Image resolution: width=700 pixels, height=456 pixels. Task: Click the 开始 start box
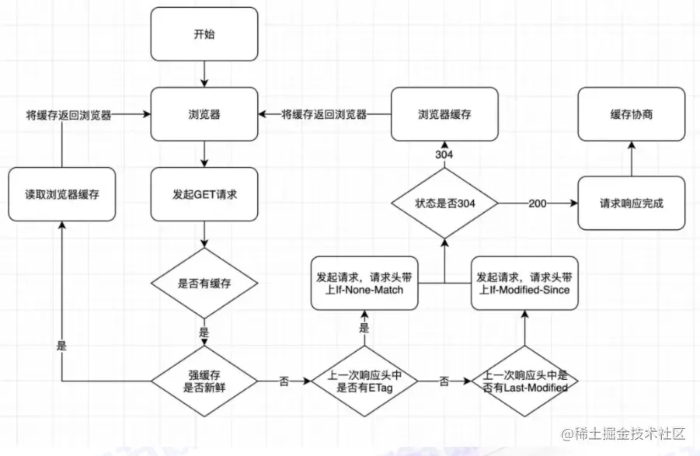pos(204,34)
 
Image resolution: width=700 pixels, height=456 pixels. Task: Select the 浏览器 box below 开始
pos(204,114)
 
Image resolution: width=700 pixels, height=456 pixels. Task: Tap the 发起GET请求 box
pos(204,194)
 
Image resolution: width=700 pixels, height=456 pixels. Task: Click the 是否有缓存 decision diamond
pos(204,284)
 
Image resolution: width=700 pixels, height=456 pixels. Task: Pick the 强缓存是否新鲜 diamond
pos(204,381)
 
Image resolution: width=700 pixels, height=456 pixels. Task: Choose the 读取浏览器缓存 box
pos(62,194)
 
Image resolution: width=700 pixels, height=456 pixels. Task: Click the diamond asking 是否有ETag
pos(364,381)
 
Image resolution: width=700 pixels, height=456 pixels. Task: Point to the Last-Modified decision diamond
pos(524,381)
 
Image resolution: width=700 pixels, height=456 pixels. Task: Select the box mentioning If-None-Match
pos(364,284)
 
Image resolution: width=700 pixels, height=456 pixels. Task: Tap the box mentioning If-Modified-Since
pos(524,284)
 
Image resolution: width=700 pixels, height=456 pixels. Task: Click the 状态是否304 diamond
pos(444,204)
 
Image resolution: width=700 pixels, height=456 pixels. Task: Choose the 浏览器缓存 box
pos(444,114)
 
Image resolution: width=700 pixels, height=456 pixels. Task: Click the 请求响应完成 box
pos(632,204)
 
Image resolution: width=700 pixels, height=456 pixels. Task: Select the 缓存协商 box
pos(632,114)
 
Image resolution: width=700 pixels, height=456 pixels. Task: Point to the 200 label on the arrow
pos(538,204)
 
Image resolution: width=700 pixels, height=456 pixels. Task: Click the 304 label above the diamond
pos(444,155)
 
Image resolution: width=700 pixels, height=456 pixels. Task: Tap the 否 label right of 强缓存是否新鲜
pos(284,381)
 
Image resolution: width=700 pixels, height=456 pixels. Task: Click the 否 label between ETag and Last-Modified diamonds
pos(444,381)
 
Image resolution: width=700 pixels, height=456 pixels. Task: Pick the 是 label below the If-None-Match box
pos(364,329)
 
